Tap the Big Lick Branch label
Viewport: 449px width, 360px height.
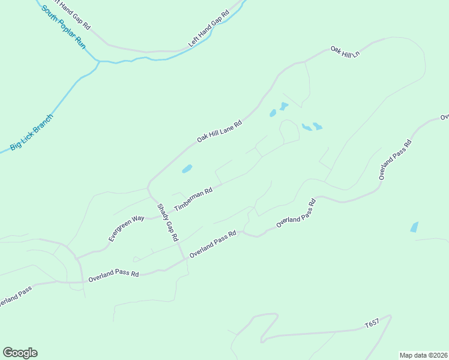click(x=31, y=132)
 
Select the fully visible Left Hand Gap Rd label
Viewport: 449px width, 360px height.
click(x=209, y=29)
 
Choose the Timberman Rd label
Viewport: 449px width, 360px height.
click(x=193, y=200)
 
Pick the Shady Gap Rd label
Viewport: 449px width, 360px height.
click(x=168, y=223)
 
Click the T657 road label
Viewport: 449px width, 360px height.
click(x=372, y=324)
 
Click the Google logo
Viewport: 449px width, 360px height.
click(x=20, y=353)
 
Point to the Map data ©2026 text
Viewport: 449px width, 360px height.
click(x=423, y=355)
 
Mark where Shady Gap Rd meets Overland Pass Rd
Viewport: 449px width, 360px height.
click(x=184, y=259)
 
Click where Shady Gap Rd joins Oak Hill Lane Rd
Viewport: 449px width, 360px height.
click(x=148, y=185)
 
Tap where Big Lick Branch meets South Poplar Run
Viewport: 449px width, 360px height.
click(x=98, y=61)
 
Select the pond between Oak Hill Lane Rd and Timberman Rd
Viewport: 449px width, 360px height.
click(x=187, y=169)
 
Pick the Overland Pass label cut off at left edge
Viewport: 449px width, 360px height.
click(x=14, y=297)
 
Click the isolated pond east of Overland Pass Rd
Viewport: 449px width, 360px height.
click(x=414, y=227)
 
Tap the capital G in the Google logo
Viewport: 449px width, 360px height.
click(x=8, y=353)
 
